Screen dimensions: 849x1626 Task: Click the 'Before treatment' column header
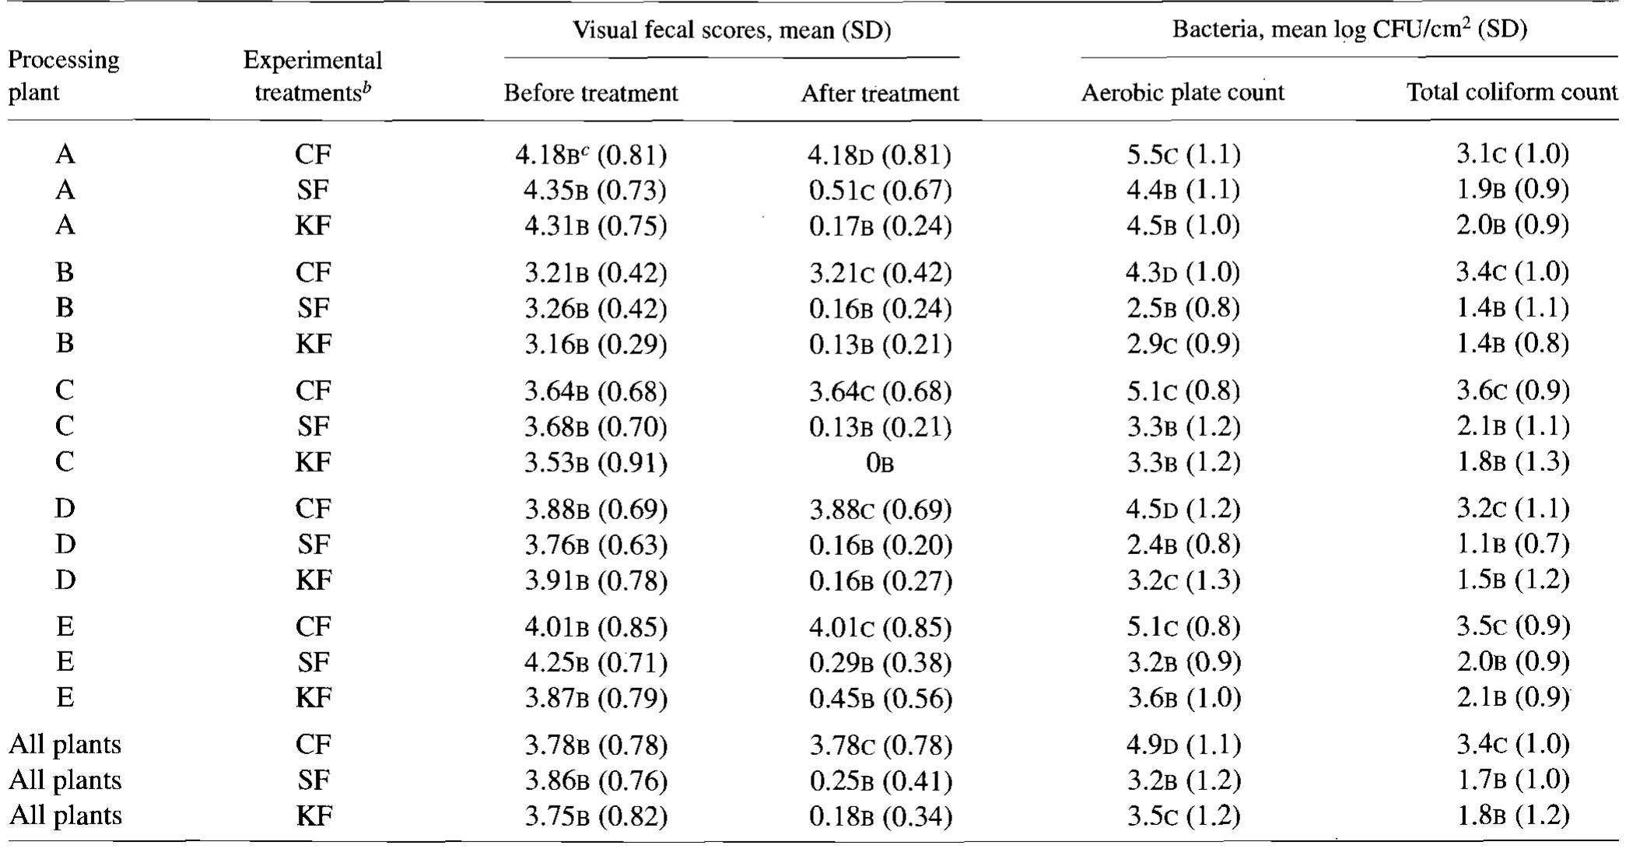tap(590, 93)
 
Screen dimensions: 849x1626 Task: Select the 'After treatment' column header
tap(879, 93)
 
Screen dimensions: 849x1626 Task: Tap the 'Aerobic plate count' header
tap(1183, 93)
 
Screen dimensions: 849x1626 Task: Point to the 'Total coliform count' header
tap(1512, 93)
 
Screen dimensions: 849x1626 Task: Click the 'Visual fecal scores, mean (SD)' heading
tap(731, 30)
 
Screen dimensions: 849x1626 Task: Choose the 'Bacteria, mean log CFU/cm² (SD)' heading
tap(1349, 30)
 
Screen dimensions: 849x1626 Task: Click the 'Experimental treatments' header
tap(313, 76)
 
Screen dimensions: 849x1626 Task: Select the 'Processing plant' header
tap(64, 76)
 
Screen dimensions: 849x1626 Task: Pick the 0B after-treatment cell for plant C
tap(879, 463)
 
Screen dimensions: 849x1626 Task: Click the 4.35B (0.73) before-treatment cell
tap(595, 191)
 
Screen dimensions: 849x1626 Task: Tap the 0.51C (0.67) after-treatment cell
tap(879, 191)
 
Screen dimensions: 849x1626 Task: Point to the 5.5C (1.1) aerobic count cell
tap(1183, 155)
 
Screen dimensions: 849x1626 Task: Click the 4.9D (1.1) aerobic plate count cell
tap(1183, 745)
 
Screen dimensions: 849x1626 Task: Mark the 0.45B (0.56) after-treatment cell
tap(880, 698)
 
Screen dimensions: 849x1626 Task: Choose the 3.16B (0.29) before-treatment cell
tap(595, 344)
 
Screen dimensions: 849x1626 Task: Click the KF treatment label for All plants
tap(314, 816)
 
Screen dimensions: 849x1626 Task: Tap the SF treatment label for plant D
tap(314, 544)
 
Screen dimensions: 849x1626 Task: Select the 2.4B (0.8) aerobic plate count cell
tap(1183, 544)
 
